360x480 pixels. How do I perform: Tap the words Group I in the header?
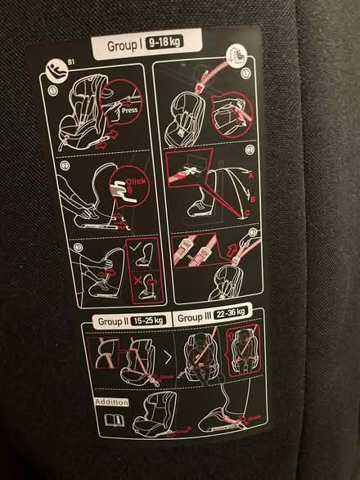(124, 46)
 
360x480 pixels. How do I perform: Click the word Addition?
(111, 402)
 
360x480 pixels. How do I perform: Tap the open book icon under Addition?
(110, 421)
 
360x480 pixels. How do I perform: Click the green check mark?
(133, 247)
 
